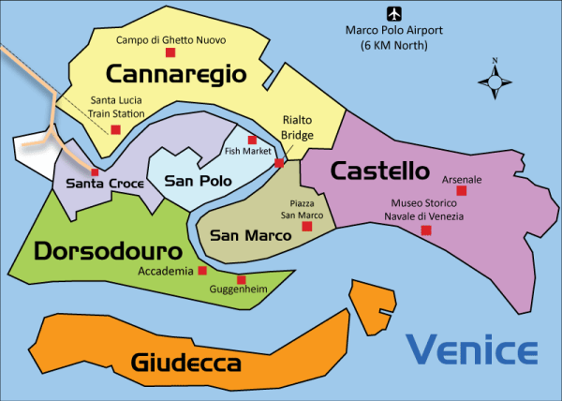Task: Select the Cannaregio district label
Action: tap(175, 73)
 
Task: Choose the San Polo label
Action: tap(193, 180)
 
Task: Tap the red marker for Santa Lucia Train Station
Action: tap(115, 129)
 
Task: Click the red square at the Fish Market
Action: tap(252, 140)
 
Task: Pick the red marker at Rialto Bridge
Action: tap(279, 163)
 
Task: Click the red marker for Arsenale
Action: tap(461, 191)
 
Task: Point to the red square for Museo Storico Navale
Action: tap(426, 230)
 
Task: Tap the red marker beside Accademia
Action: tap(202, 270)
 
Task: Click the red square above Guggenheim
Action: tap(242, 279)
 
